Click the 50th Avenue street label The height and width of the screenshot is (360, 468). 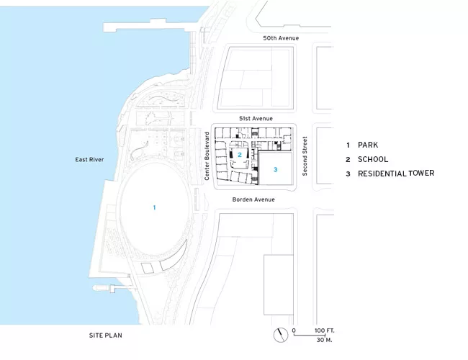(x=281, y=38)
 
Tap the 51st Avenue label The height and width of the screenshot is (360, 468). (x=256, y=119)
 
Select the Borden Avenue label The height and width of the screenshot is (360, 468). (x=253, y=199)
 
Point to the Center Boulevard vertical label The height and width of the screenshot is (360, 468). (x=207, y=156)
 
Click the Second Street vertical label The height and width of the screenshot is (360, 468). (x=305, y=156)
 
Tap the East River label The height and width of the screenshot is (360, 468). (x=89, y=160)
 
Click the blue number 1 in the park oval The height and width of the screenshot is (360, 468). (x=154, y=207)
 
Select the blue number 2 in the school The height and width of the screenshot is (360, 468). (x=239, y=155)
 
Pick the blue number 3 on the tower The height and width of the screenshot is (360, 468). (x=276, y=169)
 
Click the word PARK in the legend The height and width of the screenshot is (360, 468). (x=368, y=145)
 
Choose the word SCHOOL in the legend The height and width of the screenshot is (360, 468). (x=373, y=159)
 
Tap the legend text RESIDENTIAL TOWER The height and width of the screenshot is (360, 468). (x=396, y=174)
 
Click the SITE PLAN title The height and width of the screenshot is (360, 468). (x=106, y=336)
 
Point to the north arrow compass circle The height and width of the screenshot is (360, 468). (x=281, y=335)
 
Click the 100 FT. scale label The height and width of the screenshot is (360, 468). (x=325, y=330)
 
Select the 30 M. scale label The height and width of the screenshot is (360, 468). (x=325, y=340)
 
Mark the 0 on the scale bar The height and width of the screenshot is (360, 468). (x=294, y=330)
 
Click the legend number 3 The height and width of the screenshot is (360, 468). (x=348, y=174)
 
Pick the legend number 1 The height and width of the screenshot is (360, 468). (x=348, y=145)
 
